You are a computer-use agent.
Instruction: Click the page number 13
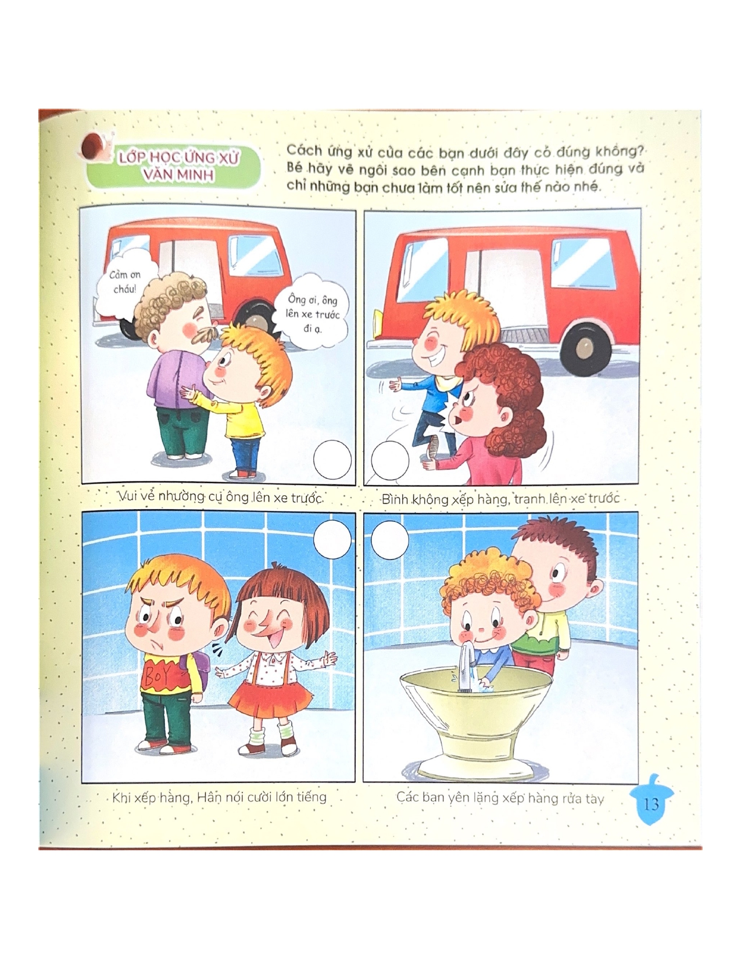pyautogui.click(x=651, y=804)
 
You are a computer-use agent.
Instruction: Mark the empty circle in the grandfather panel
pyautogui.click(x=332, y=459)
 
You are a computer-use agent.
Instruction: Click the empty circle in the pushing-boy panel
pyautogui.click(x=390, y=459)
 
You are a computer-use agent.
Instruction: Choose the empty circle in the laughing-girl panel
pyautogui.click(x=332, y=540)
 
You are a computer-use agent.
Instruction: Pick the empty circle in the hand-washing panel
pyautogui.click(x=390, y=540)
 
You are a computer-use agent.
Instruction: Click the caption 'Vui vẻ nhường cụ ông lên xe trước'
pyautogui.click(x=221, y=498)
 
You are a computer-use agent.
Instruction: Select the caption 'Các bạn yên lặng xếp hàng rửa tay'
pyautogui.click(x=500, y=798)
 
